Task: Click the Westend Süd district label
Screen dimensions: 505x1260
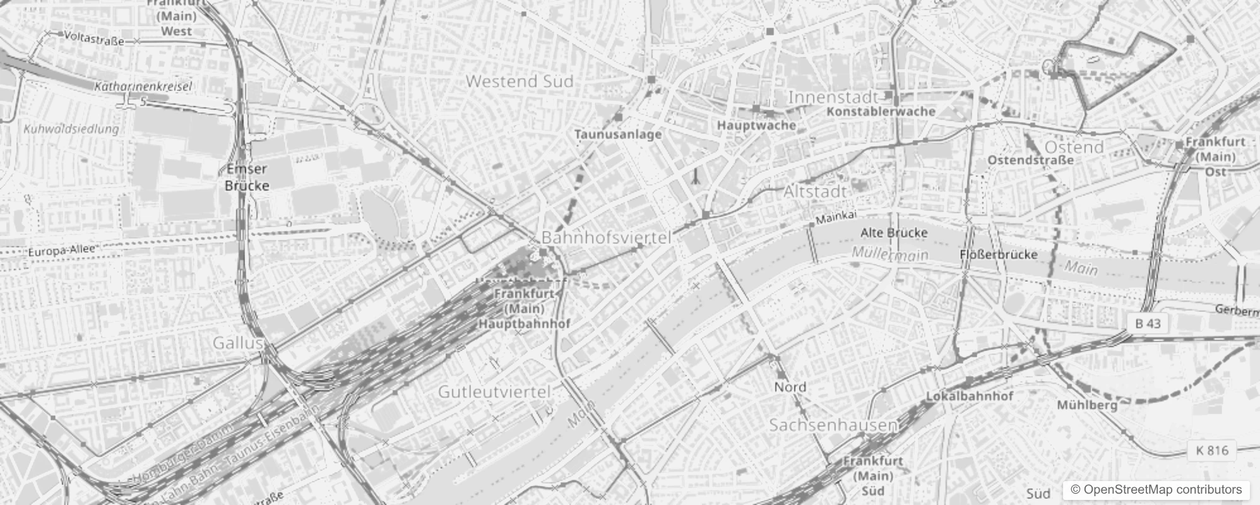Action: pyautogui.click(x=520, y=81)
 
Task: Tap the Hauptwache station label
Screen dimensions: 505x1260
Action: pyautogui.click(x=756, y=125)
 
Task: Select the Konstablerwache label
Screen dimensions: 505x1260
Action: pyautogui.click(x=881, y=112)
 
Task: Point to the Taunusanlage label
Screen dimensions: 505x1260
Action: pyautogui.click(x=618, y=134)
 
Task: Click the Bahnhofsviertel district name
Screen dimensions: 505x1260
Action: pyautogui.click(x=606, y=238)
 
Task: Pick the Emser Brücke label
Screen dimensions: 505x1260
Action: pyautogui.click(x=247, y=177)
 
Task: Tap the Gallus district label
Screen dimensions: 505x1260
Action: pyautogui.click(x=237, y=343)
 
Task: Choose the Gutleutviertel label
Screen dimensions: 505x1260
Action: pyautogui.click(x=494, y=391)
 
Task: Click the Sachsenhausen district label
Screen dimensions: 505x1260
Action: pyautogui.click(x=833, y=425)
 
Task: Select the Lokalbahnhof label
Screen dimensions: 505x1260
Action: pyautogui.click(x=969, y=396)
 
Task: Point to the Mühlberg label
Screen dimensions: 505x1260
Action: pyautogui.click(x=1087, y=405)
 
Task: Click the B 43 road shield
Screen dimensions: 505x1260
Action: pyautogui.click(x=1148, y=323)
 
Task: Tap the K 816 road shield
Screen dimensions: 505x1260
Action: pyautogui.click(x=1212, y=450)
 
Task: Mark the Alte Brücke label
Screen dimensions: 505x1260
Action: pyautogui.click(x=894, y=233)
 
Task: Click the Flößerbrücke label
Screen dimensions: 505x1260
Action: pyautogui.click(x=998, y=254)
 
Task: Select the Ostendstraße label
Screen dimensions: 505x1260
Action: pyautogui.click(x=1030, y=160)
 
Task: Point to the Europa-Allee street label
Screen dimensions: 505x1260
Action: pyautogui.click(x=61, y=251)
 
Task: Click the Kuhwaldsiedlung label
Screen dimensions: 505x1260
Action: pyautogui.click(x=71, y=129)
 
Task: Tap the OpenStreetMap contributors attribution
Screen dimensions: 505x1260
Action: pyautogui.click(x=1155, y=489)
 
